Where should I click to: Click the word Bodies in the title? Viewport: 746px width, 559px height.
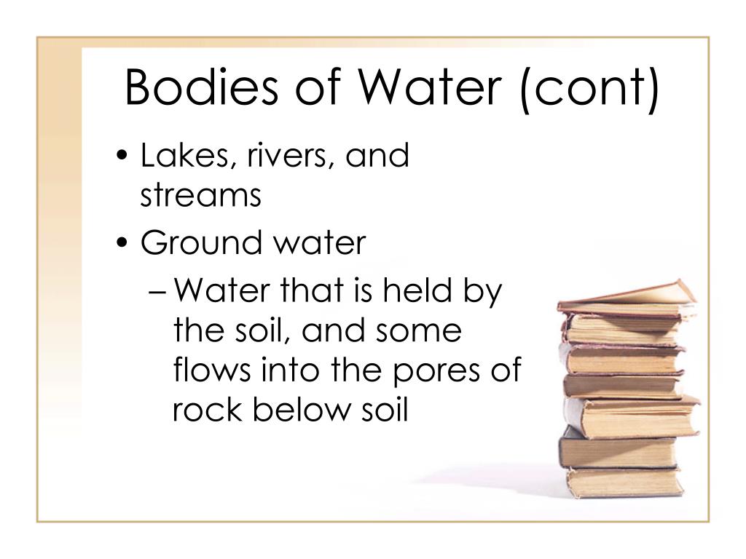pyautogui.click(x=201, y=87)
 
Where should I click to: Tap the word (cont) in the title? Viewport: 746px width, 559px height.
pyautogui.click(x=590, y=90)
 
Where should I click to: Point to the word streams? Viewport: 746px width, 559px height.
pyautogui.click(x=200, y=195)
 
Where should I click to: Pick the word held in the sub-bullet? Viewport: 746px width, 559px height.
pyautogui.click(x=417, y=290)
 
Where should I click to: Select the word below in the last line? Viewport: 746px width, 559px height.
pyautogui.click(x=301, y=409)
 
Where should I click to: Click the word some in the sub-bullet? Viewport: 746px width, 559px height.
pyautogui.click(x=418, y=332)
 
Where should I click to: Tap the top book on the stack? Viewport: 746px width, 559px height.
pyautogui.click(x=627, y=298)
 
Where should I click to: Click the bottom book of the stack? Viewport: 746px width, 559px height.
pyautogui.click(x=625, y=482)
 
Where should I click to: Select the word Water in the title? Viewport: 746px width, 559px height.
pyautogui.click(x=430, y=87)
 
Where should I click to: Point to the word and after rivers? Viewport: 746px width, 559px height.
pyautogui.click(x=377, y=155)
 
